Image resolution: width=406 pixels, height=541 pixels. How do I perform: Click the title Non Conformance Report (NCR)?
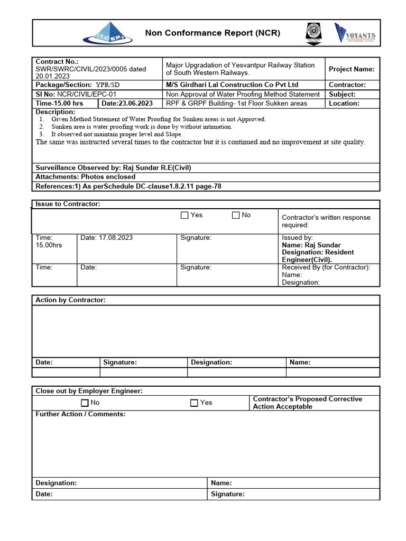(x=213, y=33)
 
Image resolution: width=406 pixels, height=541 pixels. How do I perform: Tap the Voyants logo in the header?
(x=355, y=33)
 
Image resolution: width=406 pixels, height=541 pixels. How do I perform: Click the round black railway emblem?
(x=313, y=33)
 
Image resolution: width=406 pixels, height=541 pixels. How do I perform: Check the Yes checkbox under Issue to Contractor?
(x=184, y=215)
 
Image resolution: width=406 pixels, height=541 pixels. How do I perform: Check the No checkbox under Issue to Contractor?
(x=235, y=215)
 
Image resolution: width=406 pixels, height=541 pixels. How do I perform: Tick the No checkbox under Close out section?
(x=85, y=403)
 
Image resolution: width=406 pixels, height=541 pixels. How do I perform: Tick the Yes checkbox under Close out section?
(x=194, y=403)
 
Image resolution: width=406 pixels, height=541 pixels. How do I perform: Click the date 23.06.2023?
(x=127, y=104)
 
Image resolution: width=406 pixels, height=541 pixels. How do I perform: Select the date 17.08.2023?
(x=107, y=238)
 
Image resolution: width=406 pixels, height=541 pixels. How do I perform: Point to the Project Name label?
(x=352, y=69)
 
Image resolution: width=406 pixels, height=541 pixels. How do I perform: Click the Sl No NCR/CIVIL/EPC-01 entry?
(x=76, y=94)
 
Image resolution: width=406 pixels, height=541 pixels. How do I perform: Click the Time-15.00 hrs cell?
(x=59, y=104)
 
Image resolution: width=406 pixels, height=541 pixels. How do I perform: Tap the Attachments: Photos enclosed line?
(x=85, y=177)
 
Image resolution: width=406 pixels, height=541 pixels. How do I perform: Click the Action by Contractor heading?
(x=70, y=300)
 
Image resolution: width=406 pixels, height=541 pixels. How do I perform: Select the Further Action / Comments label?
(x=80, y=414)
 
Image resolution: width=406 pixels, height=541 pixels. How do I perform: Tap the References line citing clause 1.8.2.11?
(x=128, y=186)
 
